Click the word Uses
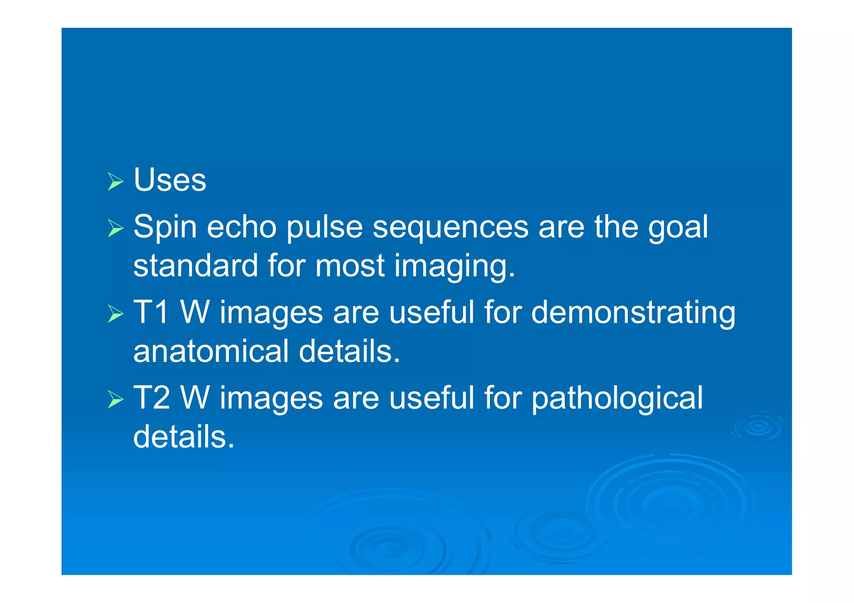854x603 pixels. coord(170,180)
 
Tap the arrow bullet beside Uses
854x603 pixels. coord(116,181)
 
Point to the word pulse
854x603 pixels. coord(324,228)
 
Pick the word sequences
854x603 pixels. coord(450,229)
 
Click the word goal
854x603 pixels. coord(678,229)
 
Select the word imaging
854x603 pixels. coord(455,267)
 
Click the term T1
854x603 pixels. coord(151,312)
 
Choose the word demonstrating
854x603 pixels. coord(633,314)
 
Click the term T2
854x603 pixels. coord(151,398)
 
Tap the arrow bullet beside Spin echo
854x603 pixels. coord(116,228)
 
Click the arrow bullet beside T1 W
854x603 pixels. coord(116,314)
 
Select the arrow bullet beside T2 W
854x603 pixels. coord(116,399)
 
